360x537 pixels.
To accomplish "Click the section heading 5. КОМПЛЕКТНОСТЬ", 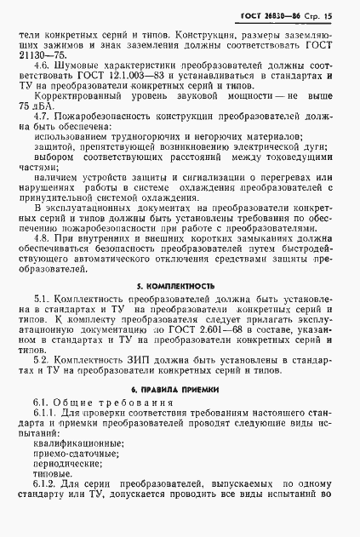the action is coord(178,310).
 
